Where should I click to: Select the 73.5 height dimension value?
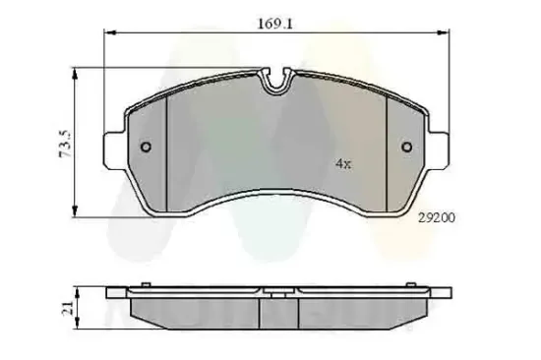tap(65, 143)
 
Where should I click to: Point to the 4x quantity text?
tap(341, 163)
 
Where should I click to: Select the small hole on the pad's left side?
tap(147, 149)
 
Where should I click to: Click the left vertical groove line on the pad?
tap(167, 148)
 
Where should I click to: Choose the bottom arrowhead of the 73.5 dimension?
tap(78, 214)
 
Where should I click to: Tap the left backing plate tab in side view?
tap(116, 292)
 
